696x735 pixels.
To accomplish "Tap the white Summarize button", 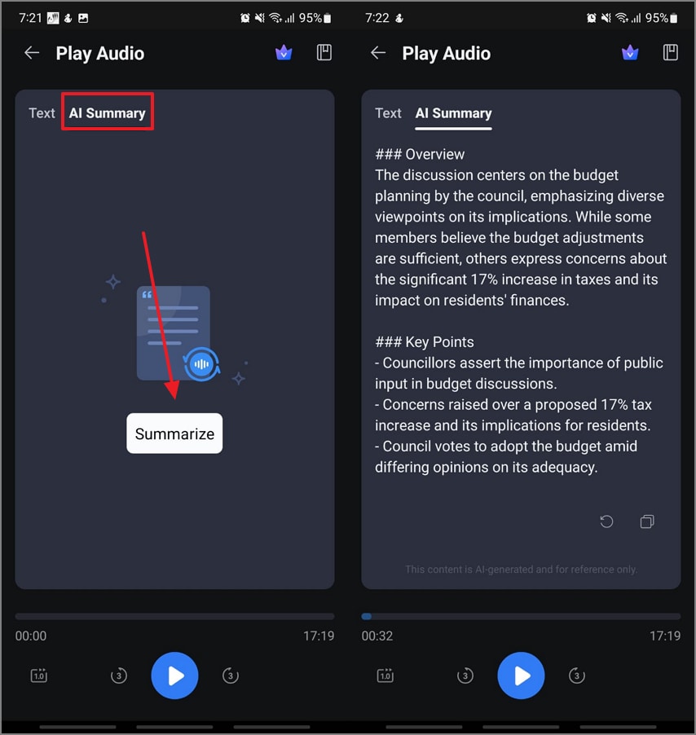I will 174,434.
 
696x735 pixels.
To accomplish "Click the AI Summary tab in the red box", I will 107,113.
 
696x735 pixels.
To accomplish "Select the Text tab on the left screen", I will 42,113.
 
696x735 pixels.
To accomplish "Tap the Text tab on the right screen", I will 388,113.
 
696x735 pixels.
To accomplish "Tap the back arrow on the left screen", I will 32,53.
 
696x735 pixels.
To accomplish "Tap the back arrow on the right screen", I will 378,53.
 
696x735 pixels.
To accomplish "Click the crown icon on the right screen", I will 630,53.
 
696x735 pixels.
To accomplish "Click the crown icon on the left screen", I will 284,53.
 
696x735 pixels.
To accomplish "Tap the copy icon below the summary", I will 647,522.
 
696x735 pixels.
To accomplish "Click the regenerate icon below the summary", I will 606,522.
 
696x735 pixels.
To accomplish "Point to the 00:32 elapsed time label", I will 377,636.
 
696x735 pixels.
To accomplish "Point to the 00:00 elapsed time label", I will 31,636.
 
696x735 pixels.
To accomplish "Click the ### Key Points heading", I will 424,341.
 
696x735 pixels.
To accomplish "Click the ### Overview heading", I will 420,154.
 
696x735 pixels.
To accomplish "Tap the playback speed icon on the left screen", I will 39,676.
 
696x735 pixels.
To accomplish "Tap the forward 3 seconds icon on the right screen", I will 577,676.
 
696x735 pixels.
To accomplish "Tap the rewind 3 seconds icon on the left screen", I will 119,676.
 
